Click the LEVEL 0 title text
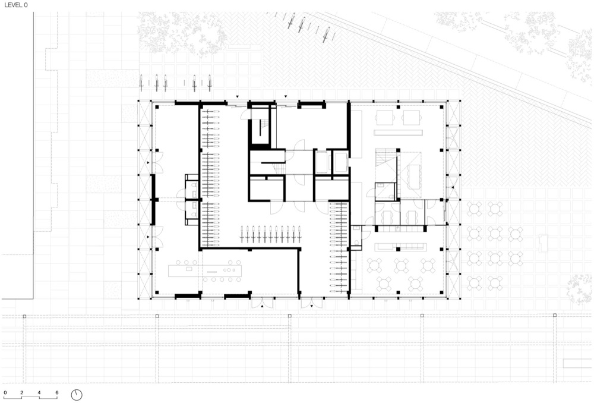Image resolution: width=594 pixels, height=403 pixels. coord(16,5)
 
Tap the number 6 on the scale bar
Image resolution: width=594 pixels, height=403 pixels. coord(57,393)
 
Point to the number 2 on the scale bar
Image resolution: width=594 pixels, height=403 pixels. coord(21,393)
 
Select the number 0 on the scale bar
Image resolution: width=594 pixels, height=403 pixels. coord(5,393)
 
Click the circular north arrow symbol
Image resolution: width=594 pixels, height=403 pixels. coord(76,395)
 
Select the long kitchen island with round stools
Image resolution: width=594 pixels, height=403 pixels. coord(205,270)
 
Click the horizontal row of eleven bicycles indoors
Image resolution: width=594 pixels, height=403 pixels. coord(271,234)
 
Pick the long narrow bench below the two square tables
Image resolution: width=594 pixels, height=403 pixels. coord(398,133)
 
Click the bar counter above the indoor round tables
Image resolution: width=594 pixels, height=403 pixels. coord(401,247)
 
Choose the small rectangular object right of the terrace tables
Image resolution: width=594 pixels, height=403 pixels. coord(544,243)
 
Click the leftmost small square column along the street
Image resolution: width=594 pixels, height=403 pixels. coord(24,316)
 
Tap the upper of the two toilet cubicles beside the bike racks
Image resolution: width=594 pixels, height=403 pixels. coord(192,186)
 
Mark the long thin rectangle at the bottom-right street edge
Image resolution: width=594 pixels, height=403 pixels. coord(578,363)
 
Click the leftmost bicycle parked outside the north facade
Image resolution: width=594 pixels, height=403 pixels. coord(141,83)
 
